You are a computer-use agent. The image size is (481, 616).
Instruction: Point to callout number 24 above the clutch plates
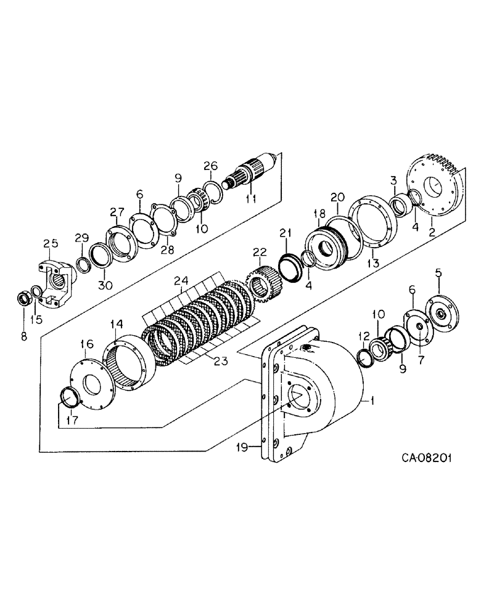click(x=181, y=282)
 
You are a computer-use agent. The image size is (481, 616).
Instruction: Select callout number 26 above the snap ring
click(x=211, y=166)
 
